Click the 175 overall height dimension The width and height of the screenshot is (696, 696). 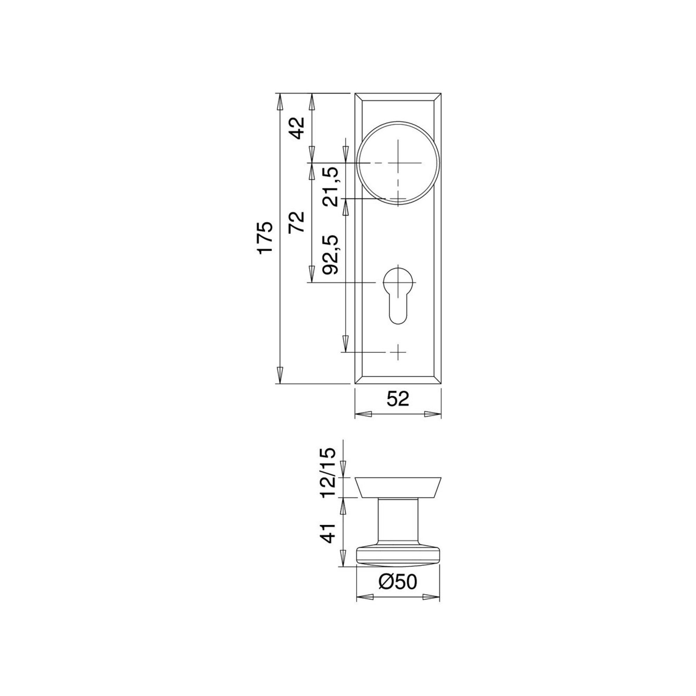[x=266, y=237]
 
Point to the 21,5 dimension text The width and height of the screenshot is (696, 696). [x=330, y=187]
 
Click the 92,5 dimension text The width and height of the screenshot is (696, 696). [x=330, y=255]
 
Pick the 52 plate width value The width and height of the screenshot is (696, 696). [x=398, y=399]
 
